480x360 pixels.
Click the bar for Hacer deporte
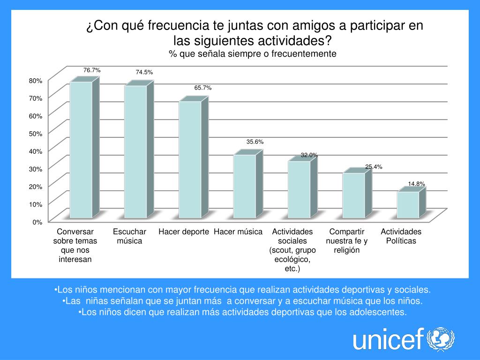[190, 159]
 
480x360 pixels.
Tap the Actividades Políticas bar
[408, 205]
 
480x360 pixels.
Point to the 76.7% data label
[92, 70]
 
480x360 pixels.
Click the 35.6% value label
[255, 142]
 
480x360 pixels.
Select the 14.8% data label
[416, 184]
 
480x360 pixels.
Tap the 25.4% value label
[374, 166]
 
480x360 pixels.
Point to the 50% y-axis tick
[36, 134]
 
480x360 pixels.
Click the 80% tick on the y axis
[36, 81]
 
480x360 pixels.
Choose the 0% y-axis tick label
[37, 222]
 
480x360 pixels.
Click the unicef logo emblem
[440, 338]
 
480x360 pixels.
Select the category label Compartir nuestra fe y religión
[346, 240]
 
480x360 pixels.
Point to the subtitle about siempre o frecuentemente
[253, 54]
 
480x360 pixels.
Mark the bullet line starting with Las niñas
[242, 300]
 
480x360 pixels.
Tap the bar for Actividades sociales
[299, 189]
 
